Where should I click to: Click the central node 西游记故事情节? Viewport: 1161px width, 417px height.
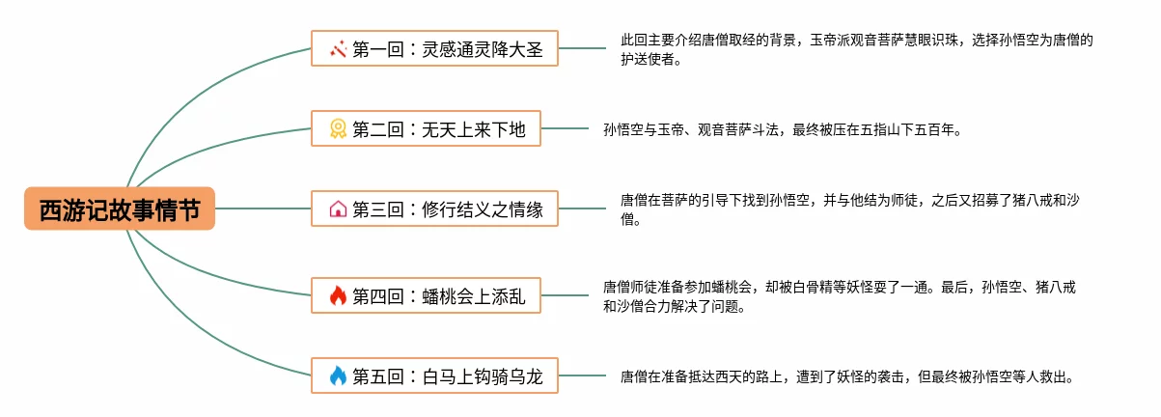coord(120,208)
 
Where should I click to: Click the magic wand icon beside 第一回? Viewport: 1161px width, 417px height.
coord(338,48)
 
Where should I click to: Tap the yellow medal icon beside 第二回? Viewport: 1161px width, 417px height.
coord(338,128)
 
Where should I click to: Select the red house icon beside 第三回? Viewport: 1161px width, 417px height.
coord(338,208)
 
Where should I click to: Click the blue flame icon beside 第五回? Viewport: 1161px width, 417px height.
coord(338,375)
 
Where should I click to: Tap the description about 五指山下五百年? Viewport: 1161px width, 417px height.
coord(782,128)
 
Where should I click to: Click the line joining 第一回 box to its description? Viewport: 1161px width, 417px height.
coord(582,48)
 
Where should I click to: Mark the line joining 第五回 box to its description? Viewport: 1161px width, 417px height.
coord(582,375)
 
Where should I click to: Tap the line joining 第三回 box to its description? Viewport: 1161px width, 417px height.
coord(582,208)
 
